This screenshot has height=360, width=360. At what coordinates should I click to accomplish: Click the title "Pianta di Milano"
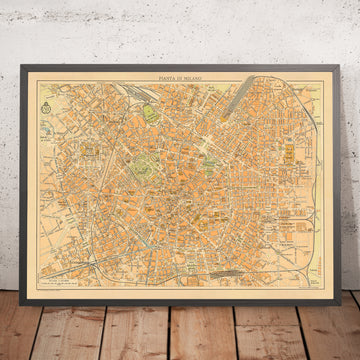(180, 77)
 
